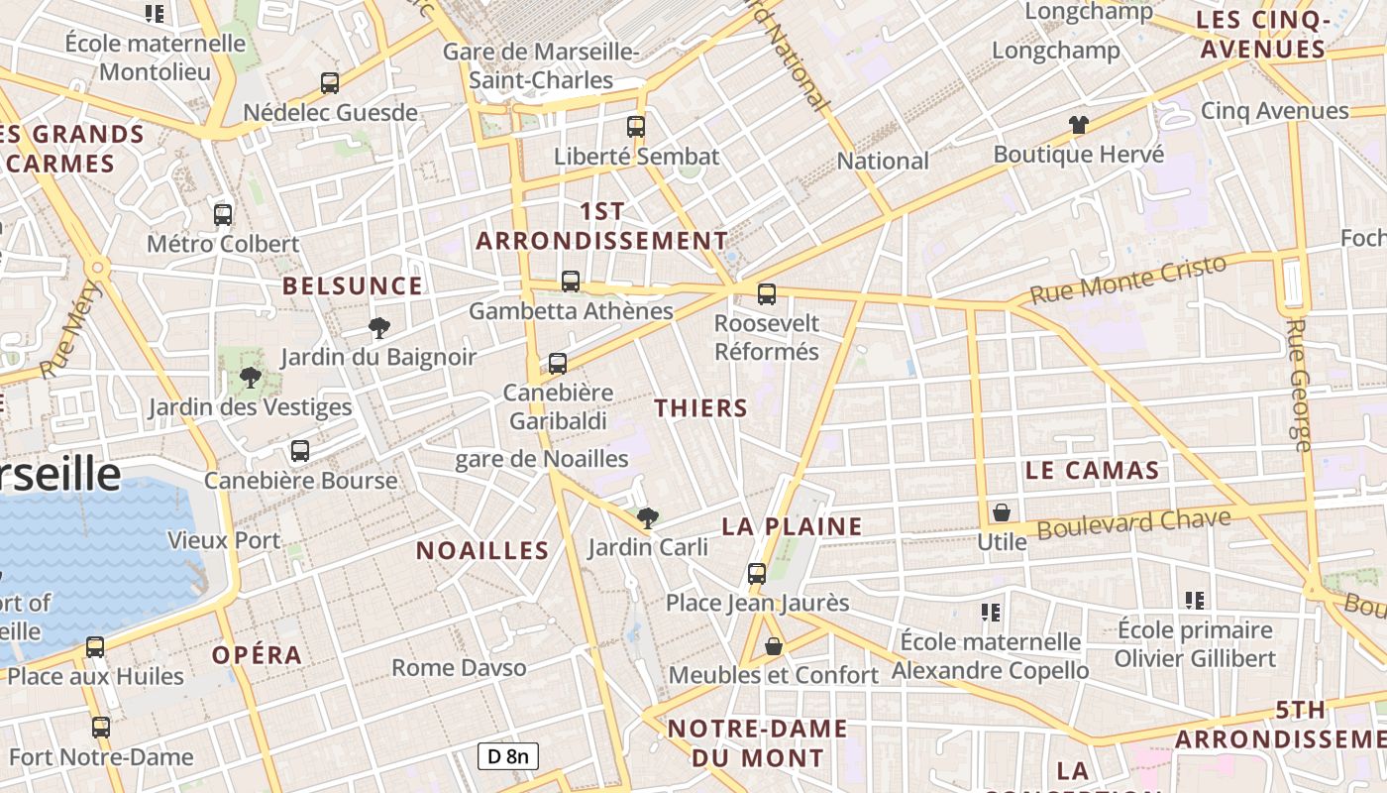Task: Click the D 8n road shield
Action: coord(508,756)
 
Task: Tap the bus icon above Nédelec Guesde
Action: coord(330,83)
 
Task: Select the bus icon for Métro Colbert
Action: coord(223,214)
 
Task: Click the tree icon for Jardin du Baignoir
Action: coord(378,327)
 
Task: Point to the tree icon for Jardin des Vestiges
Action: coord(251,377)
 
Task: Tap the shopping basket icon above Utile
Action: coord(1002,512)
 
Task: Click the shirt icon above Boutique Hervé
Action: coord(1079,124)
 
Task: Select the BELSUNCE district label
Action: coord(353,286)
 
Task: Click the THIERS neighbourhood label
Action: coord(701,408)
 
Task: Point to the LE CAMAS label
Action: coord(1092,471)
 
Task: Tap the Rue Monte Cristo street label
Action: coord(1128,280)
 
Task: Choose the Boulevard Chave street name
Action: coord(1133,523)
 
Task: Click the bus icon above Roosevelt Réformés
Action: coord(767,293)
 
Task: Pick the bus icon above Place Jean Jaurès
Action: coord(757,573)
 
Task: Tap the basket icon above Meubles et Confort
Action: coord(774,646)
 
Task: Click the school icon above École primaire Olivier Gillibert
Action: coord(1195,600)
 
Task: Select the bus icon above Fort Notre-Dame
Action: coord(101,728)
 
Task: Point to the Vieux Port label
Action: coord(224,541)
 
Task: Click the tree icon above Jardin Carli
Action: coord(648,517)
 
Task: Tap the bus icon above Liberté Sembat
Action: coord(636,127)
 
